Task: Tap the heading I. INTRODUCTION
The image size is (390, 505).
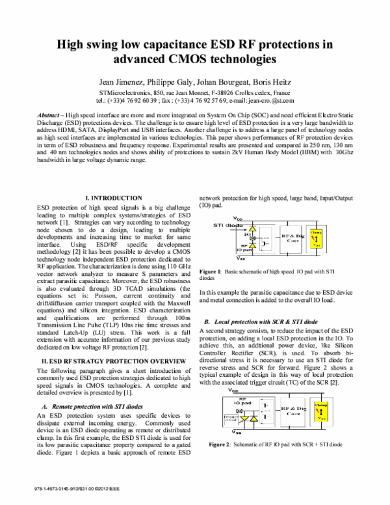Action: click(x=114, y=197)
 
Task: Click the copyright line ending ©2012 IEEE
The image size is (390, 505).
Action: click(x=71, y=487)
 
